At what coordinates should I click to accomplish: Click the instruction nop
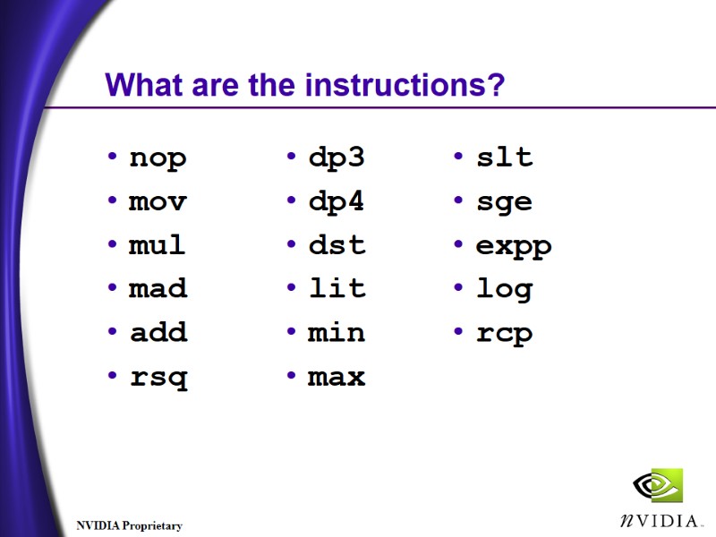point(158,158)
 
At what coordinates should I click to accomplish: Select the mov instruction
point(158,201)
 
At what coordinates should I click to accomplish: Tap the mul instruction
point(158,244)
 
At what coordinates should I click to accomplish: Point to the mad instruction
point(158,288)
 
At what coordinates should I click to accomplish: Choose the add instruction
point(158,332)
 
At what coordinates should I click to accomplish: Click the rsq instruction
point(158,378)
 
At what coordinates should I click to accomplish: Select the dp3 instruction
point(337,158)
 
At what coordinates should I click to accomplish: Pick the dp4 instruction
point(337,201)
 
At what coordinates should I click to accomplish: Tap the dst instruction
point(337,244)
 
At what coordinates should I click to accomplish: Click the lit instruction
point(337,288)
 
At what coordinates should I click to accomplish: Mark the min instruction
point(337,332)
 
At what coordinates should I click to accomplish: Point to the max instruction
point(337,377)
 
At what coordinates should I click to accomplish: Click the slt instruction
point(504,158)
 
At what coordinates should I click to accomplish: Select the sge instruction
point(504,202)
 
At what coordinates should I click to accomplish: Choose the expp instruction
point(514,246)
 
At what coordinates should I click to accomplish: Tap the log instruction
point(504,290)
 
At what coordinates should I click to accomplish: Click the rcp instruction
point(504,334)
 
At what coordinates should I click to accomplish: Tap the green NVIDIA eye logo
point(658,485)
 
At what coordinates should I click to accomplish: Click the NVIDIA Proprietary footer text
point(129,525)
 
